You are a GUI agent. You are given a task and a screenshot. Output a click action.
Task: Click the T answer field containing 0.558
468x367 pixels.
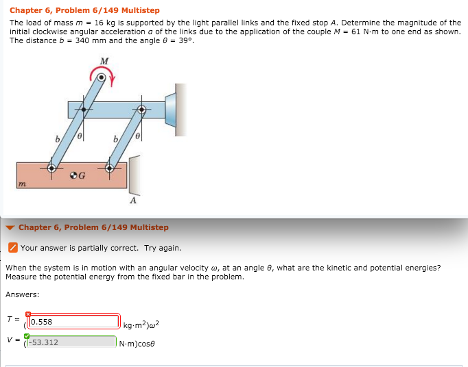click(74, 322)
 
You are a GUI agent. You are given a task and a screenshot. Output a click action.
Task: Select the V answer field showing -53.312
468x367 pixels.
click(72, 342)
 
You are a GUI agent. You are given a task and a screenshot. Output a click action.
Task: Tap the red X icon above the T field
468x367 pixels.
click(28, 314)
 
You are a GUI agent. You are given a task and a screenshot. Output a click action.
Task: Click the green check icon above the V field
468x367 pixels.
click(27, 335)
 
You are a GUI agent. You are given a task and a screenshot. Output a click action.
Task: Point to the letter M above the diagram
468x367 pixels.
click(104, 62)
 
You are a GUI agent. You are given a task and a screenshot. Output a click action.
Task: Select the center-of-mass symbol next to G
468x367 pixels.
click(73, 175)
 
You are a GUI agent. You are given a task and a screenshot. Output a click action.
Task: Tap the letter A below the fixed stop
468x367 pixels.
click(133, 201)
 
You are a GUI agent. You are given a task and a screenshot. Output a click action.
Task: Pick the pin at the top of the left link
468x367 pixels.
click(101, 79)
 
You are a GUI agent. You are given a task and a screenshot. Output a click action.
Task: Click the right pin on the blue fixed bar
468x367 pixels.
click(142, 110)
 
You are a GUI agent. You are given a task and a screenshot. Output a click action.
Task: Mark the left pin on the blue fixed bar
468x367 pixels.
click(84, 110)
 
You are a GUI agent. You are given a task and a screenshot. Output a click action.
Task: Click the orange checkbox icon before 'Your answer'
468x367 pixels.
click(12, 248)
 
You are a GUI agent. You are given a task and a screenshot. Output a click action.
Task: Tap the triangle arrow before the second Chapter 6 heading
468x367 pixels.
click(10, 227)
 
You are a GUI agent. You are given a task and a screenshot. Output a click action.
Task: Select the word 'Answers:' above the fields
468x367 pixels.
click(22, 294)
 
